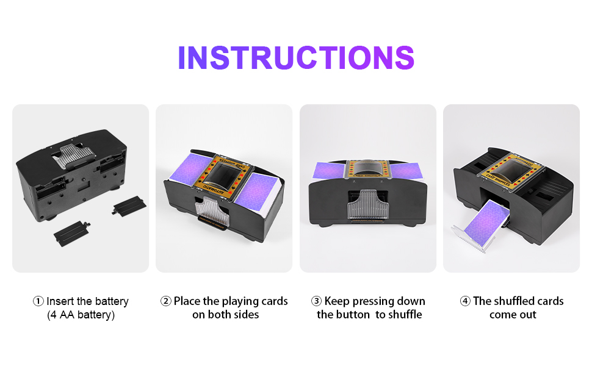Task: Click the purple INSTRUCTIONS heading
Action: (296, 57)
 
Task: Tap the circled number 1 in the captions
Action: (38, 301)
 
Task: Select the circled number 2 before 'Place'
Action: (166, 301)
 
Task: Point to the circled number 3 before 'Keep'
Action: (316, 301)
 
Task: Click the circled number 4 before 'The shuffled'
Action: (465, 301)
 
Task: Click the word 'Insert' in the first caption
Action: (60, 301)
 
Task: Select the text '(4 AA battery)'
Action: (81, 315)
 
